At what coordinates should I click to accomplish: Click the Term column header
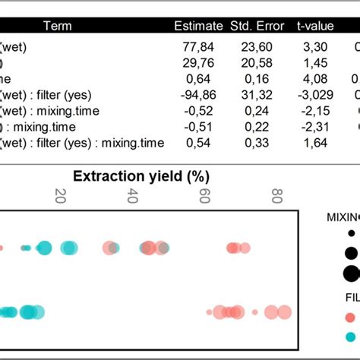58,27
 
